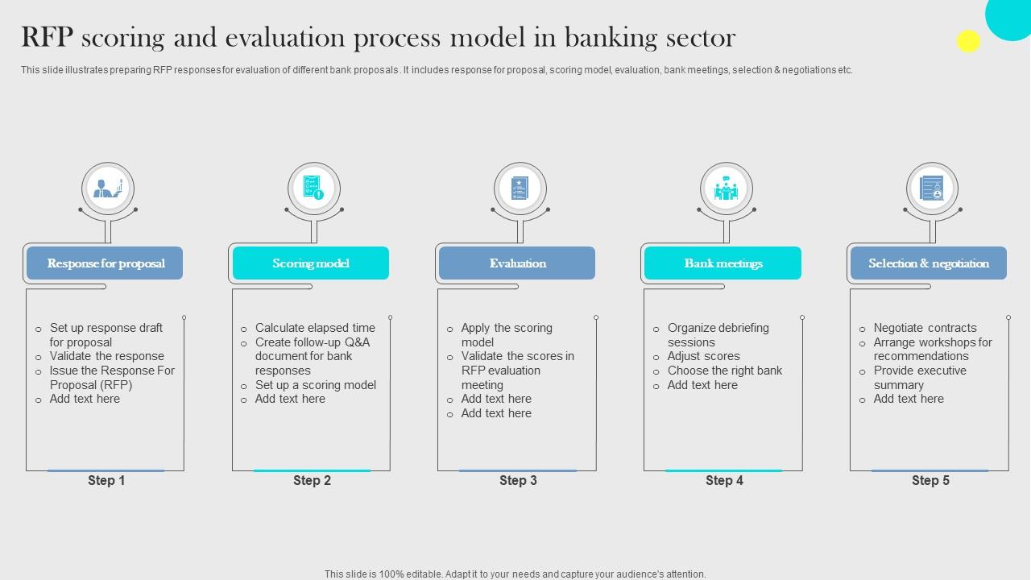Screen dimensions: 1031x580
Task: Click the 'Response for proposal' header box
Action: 105,263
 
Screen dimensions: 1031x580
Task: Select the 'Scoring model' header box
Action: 311,263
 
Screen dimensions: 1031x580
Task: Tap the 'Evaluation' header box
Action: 517,263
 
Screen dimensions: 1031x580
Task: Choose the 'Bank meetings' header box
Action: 723,263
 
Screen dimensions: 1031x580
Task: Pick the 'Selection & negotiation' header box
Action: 929,263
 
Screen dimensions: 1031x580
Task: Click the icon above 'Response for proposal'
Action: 108,188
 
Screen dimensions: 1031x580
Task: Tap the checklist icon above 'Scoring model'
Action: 314,188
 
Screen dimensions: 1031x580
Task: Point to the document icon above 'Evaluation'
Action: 520,188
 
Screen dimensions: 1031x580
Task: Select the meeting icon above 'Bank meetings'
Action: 726,188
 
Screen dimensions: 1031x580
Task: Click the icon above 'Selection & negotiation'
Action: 932,188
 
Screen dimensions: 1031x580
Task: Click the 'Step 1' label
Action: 106,481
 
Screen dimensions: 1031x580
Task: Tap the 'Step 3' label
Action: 518,481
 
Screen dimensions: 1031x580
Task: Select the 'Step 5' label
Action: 930,481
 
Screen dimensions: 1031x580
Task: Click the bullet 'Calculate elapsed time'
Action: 315,328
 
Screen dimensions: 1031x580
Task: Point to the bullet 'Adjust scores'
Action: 704,356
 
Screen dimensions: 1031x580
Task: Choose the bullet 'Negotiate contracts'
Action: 925,328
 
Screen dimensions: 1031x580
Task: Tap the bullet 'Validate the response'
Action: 107,356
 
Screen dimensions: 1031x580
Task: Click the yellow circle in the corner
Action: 968,41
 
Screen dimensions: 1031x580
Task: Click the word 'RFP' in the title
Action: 47,37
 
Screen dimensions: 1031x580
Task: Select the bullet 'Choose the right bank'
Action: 725,371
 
